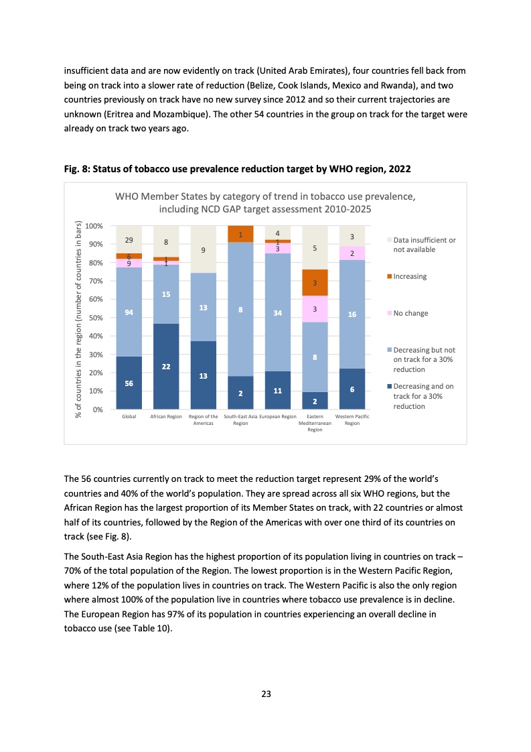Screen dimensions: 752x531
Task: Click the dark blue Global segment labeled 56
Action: point(129,382)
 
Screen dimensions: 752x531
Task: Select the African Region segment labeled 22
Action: point(166,366)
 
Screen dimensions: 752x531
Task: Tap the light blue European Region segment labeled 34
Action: point(277,312)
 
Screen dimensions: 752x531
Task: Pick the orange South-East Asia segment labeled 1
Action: point(240,234)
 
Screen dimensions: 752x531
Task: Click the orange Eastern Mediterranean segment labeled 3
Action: point(315,283)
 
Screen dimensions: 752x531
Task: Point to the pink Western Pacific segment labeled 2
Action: point(352,253)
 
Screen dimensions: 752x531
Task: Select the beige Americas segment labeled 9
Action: point(203,249)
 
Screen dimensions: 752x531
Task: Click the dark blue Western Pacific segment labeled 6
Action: point(352,389)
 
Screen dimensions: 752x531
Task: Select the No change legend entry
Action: point(410,313)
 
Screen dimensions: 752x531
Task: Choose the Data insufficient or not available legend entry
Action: point(424,245)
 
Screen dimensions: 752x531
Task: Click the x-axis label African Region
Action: point(166,417)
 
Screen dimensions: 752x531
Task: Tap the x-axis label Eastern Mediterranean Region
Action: point(315,423)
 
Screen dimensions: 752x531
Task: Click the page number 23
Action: point(266,694)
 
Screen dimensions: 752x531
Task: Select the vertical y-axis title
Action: point(78,320)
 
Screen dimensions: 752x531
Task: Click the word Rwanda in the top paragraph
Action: point(400,86)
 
